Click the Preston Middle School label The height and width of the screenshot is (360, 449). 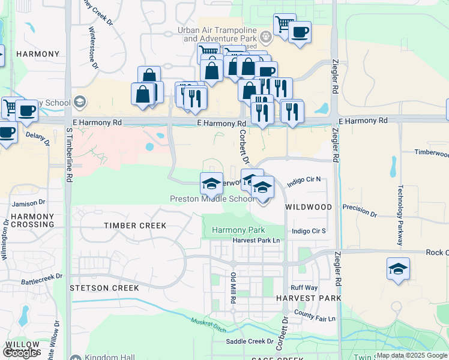[x=213, y=199]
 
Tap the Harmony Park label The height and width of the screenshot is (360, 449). [x=238, y=230]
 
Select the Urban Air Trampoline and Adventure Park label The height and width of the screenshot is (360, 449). [x=220, y=35]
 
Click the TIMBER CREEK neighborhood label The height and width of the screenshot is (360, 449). [x=134, y=226]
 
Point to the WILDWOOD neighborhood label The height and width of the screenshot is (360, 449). [x=309, y=207]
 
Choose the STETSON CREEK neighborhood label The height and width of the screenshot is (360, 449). [x=104, y=288]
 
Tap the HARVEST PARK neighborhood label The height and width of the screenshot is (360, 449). [x=309, y=298]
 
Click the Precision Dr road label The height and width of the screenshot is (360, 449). [x=360, y=211]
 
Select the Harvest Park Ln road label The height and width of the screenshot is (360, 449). [x=256, y=241]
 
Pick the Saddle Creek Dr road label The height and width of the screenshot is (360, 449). [x=249, y=341]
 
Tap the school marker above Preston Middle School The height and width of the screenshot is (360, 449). [x=211, y=184]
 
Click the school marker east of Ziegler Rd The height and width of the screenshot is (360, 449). [x=398, y=269]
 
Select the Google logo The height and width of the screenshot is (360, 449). [x=21, y=353]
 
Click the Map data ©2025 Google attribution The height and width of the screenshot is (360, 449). [x=412, y=356]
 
